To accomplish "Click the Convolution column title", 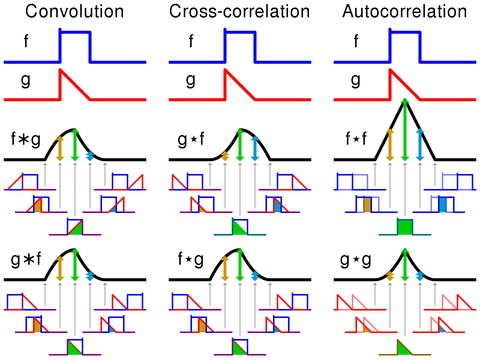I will pos(75,13).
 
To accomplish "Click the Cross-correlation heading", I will pos(238,13).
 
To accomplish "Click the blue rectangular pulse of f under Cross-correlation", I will pos(239,45).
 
